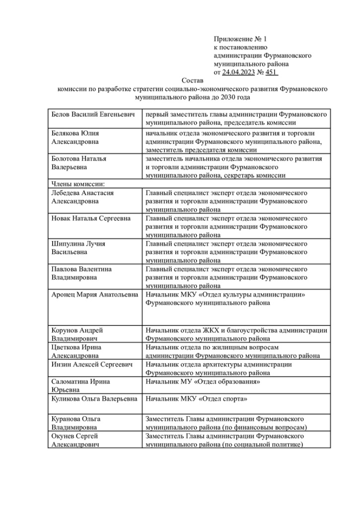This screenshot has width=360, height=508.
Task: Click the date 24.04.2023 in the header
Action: coord(238,72)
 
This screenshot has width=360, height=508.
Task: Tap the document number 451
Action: coord(271,72)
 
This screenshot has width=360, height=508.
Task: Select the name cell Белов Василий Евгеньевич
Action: coord(93,115)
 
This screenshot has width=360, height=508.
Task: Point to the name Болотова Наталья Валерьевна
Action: coord(79,163)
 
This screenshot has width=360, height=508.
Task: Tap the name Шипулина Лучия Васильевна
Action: coord(78,248)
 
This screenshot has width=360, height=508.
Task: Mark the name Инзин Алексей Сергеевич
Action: coord(92,365)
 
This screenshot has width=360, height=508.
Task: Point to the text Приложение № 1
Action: coord(240,39)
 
